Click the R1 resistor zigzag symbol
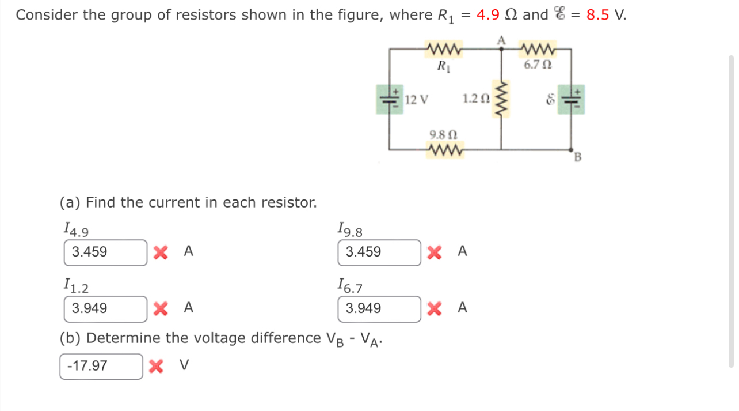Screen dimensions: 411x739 (x=443, y=50)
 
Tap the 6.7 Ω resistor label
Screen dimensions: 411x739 (x=538, y=65)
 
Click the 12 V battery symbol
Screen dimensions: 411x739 (x=389, y=99)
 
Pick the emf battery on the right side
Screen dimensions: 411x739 (x=571, y=99)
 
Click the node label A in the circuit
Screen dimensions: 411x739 (x=501, y=40)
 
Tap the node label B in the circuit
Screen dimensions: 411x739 (x=579, y=156)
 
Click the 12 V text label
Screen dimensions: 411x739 (x=416, y=99)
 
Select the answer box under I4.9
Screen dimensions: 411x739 (x=105, y=252)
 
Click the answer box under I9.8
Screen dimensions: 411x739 (x=379, y=252)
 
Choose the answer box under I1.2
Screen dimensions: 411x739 (x=105, y=309)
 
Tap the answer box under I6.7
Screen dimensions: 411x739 (x=379, y=309)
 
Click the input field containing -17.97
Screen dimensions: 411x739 (x=101, y=366)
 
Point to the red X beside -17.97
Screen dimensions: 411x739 (x=155, y=366)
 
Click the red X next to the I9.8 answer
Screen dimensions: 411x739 (x=435, y=252)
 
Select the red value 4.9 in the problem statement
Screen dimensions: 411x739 (x=487, y=15)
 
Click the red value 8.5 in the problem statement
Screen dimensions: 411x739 (x=597, y=15)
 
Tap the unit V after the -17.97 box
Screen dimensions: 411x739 (x=184, y=365)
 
